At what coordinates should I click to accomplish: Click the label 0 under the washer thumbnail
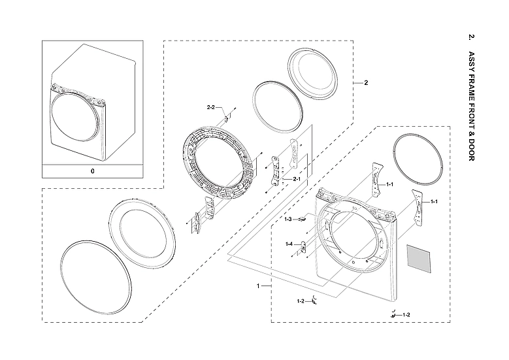[92, 171]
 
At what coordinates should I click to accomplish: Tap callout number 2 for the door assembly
[366, 83]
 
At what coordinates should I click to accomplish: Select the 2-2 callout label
[211, 106]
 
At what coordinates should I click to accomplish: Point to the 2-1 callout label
[296, 179]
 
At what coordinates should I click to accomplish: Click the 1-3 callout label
[288, 220]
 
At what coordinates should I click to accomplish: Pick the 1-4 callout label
[288, 244]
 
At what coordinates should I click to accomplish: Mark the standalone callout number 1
[259, 286]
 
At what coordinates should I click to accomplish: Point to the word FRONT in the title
[471, 115]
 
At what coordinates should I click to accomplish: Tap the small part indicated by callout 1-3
[302, 220]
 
